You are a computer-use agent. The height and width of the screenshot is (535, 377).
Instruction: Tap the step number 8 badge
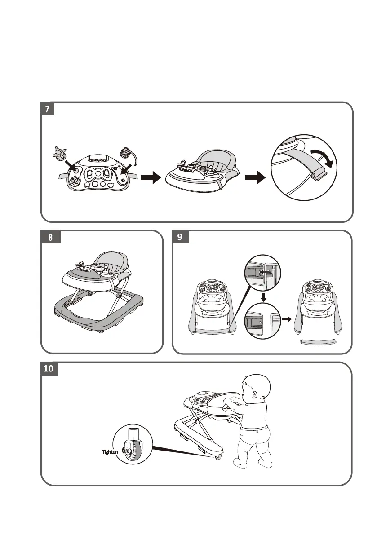pyautogui.click(x=51, y=238)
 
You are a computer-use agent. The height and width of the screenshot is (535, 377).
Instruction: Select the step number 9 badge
pyautogui.click(x=180, y=237)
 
